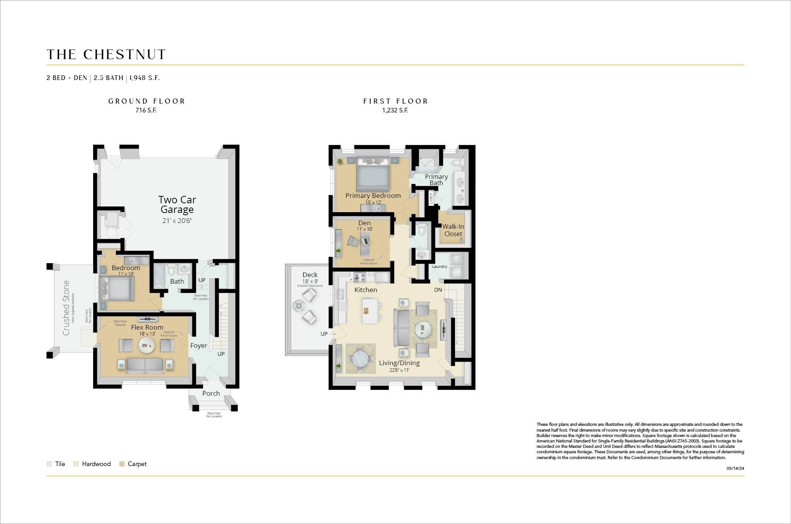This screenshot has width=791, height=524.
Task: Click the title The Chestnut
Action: click(x=106, y=54)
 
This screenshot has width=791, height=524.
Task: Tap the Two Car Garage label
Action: click(x=177, y=205)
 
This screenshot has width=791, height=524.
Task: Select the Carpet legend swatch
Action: click(x=122, y=464)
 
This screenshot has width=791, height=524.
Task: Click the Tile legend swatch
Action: click(x=49, y=464)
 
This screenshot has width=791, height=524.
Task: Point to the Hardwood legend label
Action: click(x=96, y=464)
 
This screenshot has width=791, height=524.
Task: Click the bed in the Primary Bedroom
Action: click(x=373, y=174)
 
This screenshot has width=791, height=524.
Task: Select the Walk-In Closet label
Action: click(x=453, y=230)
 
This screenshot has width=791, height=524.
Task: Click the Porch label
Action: click(x=211, y=393)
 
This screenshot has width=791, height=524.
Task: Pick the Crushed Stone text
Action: click(x=66, y=308)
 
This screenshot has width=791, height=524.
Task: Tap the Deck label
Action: click(x=310, y=275)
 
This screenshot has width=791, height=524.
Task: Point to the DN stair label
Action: click(x=438, y=290)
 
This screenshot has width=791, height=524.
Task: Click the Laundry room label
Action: click(x=440, y=267)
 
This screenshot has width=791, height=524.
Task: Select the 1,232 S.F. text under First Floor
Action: click(x=395, y=111)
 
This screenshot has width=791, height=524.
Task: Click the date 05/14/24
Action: click(x=735, y=468)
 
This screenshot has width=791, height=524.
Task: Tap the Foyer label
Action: click(x=199, y=345)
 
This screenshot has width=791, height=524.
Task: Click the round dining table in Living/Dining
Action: click(x=360, y=359)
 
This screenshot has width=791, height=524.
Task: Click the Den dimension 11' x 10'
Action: click(x=364, y=229)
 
